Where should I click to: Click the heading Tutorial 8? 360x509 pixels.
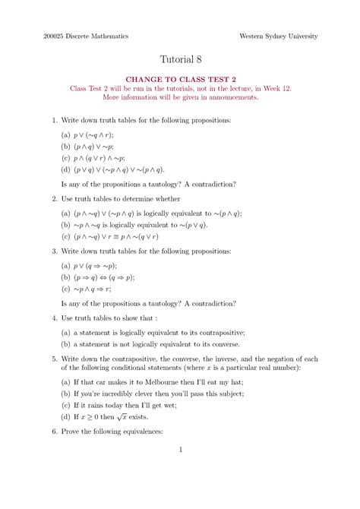180,59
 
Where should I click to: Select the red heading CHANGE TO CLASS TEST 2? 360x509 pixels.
180,78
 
